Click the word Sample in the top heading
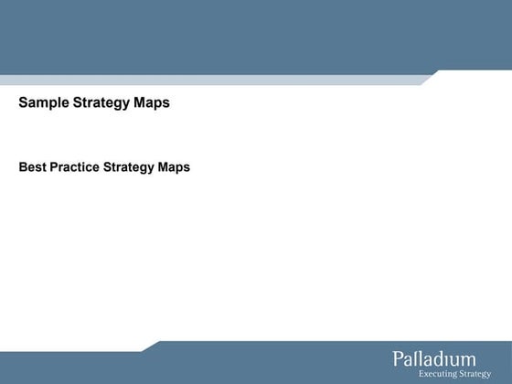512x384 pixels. [x=41, y=103]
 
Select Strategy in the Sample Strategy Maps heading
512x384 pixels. [x=101, y=103]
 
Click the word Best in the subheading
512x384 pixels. [x=32, y=167]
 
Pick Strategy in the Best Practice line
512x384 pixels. [x=128, y=167]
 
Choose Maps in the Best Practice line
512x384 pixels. [x=174, y=167]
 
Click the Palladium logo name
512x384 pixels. [x=434, y=358]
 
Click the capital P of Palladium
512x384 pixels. [x=399, y=358]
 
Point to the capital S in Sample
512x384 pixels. [x=23, y=103]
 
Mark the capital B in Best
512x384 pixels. [x=23, y=167]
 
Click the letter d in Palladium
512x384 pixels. [x=438, y=358]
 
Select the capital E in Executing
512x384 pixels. [x=421, y=373]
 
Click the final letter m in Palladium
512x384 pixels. [x=467, y=359]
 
